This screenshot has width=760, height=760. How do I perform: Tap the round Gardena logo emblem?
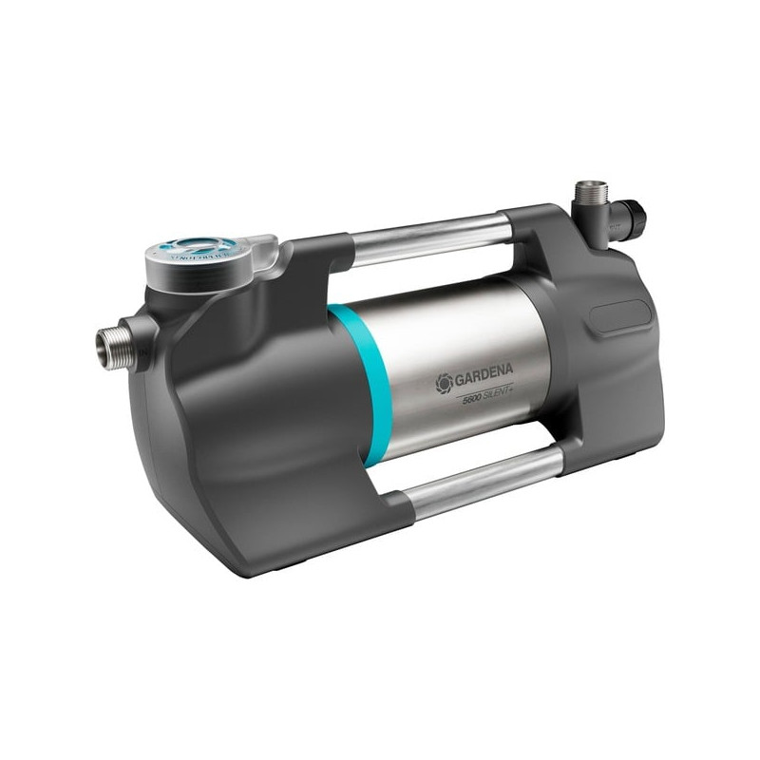point(444,383)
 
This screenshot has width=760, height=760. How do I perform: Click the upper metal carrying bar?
point(427,237)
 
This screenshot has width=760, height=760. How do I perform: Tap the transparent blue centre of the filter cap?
point(201,246)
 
